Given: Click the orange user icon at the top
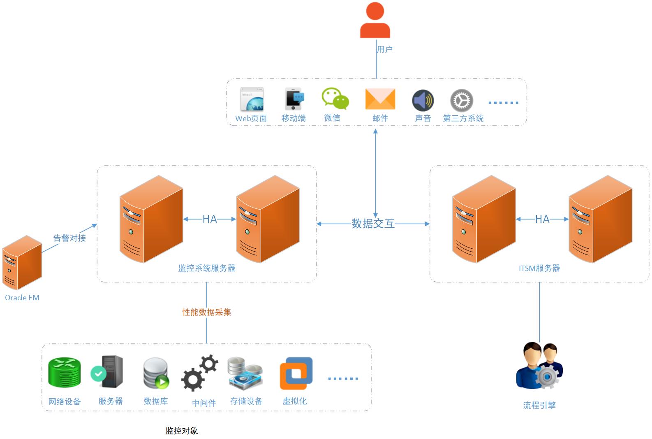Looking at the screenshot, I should point(375,21).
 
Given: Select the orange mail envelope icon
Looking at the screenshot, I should point(380,99).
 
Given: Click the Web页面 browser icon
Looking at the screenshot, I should point(252,99).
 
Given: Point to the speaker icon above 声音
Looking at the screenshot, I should point(423,100).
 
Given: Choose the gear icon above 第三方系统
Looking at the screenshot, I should point(462,100).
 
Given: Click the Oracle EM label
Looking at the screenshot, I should point(22,298).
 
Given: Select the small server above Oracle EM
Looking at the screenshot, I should point(22,262).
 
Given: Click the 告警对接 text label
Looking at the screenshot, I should point(69,238).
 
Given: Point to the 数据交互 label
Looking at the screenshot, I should point(373,224).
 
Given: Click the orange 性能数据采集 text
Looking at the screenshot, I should point(207,312).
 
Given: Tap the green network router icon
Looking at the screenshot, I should point(64,373).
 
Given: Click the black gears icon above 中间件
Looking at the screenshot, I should point(200,373).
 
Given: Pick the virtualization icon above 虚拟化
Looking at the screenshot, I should point(296,373).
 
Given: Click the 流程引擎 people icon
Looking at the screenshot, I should point(539,366).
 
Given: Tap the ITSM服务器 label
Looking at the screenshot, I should point(539,269).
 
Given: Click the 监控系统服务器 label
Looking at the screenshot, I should point(207,268).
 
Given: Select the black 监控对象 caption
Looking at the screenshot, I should point(182,431).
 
